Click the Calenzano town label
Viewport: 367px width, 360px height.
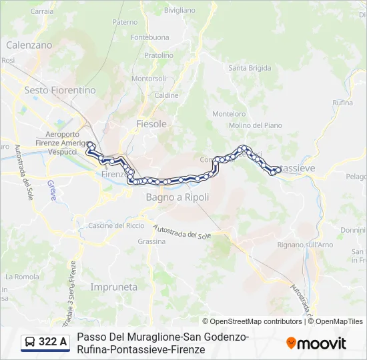pos(29,45)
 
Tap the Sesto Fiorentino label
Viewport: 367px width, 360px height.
pos(60,90)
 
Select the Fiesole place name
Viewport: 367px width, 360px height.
pos(151,124)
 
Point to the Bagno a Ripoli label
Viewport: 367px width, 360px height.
pos(177,197)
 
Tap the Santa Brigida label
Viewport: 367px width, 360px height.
pos(250,68)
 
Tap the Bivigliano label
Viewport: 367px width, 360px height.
pos(179,11)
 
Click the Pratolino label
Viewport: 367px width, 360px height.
pos(159,55)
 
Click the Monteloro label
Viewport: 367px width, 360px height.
pos(229,114)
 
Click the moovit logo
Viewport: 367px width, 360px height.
pos(316,343)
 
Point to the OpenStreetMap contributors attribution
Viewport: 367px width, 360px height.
pos(252,321)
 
